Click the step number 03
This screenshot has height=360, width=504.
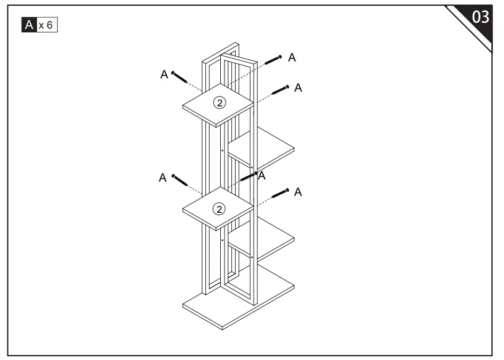coord(480,17)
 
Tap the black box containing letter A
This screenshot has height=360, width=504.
coord(29,24)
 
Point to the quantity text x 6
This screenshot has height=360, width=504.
coord(46,25)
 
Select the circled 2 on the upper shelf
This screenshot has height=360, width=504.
coord(219,103)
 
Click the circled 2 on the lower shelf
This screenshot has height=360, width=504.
coord(219,208)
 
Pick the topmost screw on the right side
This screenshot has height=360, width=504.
coord(273,60)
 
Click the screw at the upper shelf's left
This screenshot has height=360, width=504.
coord(180,78)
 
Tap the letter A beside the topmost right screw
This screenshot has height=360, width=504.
coord(292,58)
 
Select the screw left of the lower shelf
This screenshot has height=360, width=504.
coord(180,181)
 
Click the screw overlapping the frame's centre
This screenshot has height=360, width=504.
coord(249,176)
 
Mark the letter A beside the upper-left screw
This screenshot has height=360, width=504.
coord(164,75)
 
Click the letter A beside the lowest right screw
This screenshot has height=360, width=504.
coord(298,192)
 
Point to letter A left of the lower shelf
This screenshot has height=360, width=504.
coord(163,178)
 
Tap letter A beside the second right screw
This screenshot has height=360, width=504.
coord(298,88)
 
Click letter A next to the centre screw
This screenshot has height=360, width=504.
coord(262,176)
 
